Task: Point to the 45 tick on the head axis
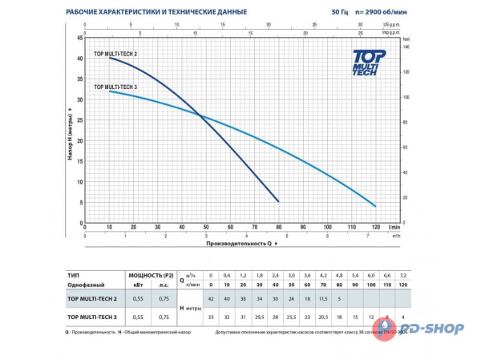79,38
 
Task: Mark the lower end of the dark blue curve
278,201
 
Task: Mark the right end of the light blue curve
375,206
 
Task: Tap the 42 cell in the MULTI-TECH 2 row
210,297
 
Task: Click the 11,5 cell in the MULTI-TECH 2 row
325,297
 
